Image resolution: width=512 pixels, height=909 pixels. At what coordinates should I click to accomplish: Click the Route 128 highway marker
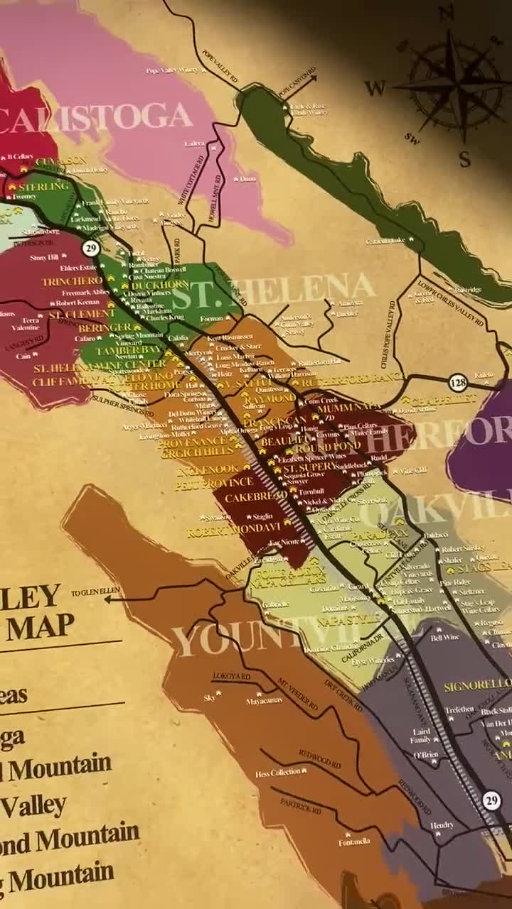pyautogui.click(x=458, y=383)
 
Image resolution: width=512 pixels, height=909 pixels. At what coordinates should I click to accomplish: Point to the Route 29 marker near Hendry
pyautogui.click(x=491, y=800)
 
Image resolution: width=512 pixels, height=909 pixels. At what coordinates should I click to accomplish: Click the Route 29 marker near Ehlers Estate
pyautogui.click(x=90, y=248)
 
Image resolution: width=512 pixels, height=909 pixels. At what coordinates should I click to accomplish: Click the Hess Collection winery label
pyautogui.click(x=277, y=773)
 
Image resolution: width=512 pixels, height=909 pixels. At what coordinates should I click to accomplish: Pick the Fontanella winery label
pyautogui.click(x=354, y=842)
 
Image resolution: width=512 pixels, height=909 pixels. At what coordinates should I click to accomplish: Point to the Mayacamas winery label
pyautogui.click(x=264, y=700)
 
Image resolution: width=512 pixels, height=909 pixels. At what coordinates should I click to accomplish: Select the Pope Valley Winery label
pyautogui.click(x=171, y=70)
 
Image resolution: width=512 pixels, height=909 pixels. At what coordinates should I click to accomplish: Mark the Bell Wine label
pyautogui.click(x=445, y=638)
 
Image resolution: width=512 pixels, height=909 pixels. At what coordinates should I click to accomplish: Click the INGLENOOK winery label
pyautogui.click(x=207, y=469)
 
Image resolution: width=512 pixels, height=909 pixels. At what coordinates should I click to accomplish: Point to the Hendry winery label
pyautogui.click(x=442, y=825)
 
